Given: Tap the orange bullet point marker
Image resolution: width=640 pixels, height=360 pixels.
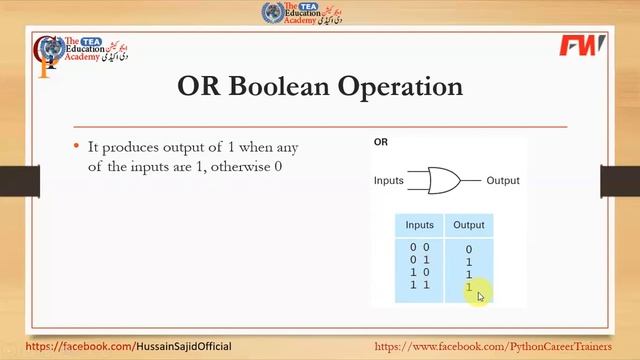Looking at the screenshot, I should (x=76, y=146).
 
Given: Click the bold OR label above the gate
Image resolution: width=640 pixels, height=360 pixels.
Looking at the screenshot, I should (x=381, y=143).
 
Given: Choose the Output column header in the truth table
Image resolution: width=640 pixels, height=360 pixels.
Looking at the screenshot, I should (x=468, y=225).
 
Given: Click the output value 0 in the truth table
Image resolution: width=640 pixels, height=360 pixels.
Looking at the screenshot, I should (x=468, y=250).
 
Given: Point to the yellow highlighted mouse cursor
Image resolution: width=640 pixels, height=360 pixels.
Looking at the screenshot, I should (x=480, y=296).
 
